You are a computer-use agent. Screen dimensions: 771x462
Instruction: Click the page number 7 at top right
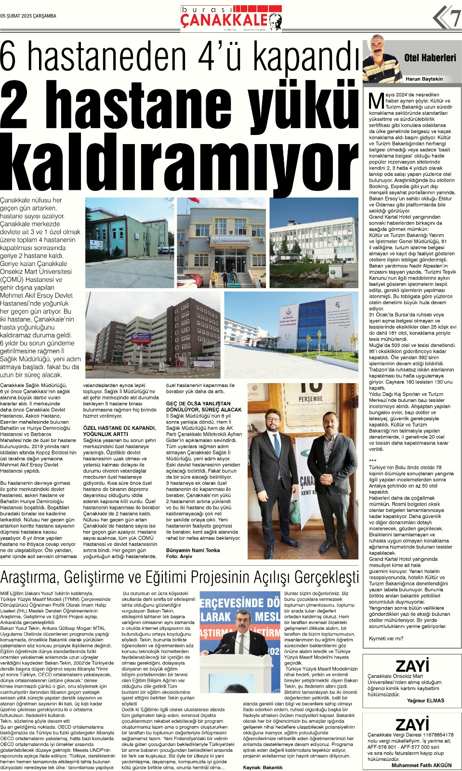455,19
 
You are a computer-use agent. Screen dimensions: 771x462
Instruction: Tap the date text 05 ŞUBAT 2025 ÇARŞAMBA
28,16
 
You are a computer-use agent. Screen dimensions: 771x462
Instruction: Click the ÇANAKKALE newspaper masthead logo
224,20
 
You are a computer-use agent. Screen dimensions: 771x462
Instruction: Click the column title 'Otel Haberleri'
430,58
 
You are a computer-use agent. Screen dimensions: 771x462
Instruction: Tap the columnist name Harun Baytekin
424,79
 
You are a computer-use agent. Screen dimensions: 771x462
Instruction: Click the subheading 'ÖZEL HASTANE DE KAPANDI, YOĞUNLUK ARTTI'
119,431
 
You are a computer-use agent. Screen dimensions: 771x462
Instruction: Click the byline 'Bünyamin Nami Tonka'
193,550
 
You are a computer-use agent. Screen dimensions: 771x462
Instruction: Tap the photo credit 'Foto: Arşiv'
179,556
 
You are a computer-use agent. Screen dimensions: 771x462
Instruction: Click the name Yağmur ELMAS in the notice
425,701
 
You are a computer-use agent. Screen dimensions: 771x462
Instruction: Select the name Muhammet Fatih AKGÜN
422,765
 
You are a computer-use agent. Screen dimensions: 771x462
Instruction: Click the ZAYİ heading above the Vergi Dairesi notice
412,724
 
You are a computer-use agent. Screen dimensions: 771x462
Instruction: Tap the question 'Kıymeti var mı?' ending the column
386,638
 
